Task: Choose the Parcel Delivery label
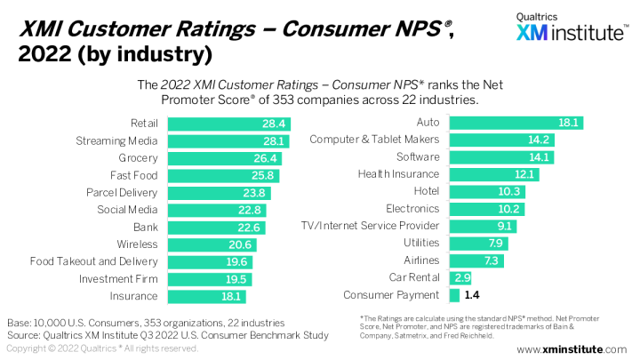tap(122, 192)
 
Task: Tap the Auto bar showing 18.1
tap(516, 122)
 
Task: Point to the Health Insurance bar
tap(493, 174)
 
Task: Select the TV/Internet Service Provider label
tap(371, 226)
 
